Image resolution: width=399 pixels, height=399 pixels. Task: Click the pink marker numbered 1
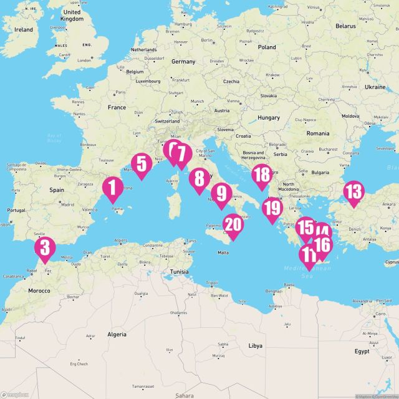112,188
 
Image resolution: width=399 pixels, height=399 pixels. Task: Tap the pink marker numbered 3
45,248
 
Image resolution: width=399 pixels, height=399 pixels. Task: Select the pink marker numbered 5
142,165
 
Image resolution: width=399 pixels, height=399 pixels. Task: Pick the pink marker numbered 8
199,180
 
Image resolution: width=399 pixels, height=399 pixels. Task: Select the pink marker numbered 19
272,210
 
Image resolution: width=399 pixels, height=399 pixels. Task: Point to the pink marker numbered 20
233,226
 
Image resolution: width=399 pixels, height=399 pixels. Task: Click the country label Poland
266,47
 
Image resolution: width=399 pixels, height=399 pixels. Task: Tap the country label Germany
183,62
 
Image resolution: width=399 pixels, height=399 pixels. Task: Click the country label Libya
256,345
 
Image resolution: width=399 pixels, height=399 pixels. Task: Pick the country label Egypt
361,351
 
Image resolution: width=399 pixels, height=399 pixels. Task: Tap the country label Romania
317,133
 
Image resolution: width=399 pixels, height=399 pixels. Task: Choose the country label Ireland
24,29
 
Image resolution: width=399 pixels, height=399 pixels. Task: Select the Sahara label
184,395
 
